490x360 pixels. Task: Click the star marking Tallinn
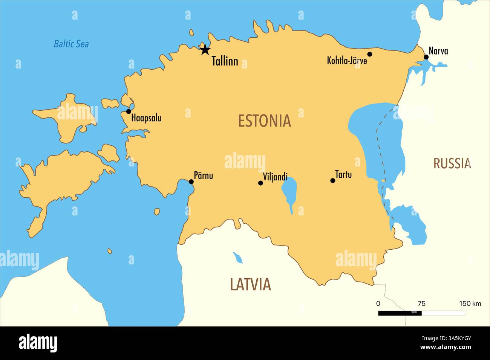coord(205,49)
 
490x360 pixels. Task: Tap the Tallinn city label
coord(225,61)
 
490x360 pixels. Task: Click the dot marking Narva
coord(426,57)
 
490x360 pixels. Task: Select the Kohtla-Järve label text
coord(347,60)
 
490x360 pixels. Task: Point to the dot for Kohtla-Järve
coord(369,54)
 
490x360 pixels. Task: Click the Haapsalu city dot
coord(129,111)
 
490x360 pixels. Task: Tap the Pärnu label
coord(203,175)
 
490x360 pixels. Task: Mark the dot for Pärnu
coord(191,182)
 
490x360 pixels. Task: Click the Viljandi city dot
coord(260,183)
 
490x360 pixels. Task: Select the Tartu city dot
coord(332,181)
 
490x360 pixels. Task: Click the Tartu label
coord(343,174)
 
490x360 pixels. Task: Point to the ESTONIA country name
coord(264,121)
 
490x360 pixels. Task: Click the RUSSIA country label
coord(452,163)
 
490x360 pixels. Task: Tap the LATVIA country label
coord(250,284)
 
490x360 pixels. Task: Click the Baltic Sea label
coord(71,44)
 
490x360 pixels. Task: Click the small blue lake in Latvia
coord(238,258)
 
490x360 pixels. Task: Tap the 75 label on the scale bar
coord(421,304)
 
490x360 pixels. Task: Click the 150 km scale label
coord(470,304)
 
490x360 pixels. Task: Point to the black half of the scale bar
coord(400,313)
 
